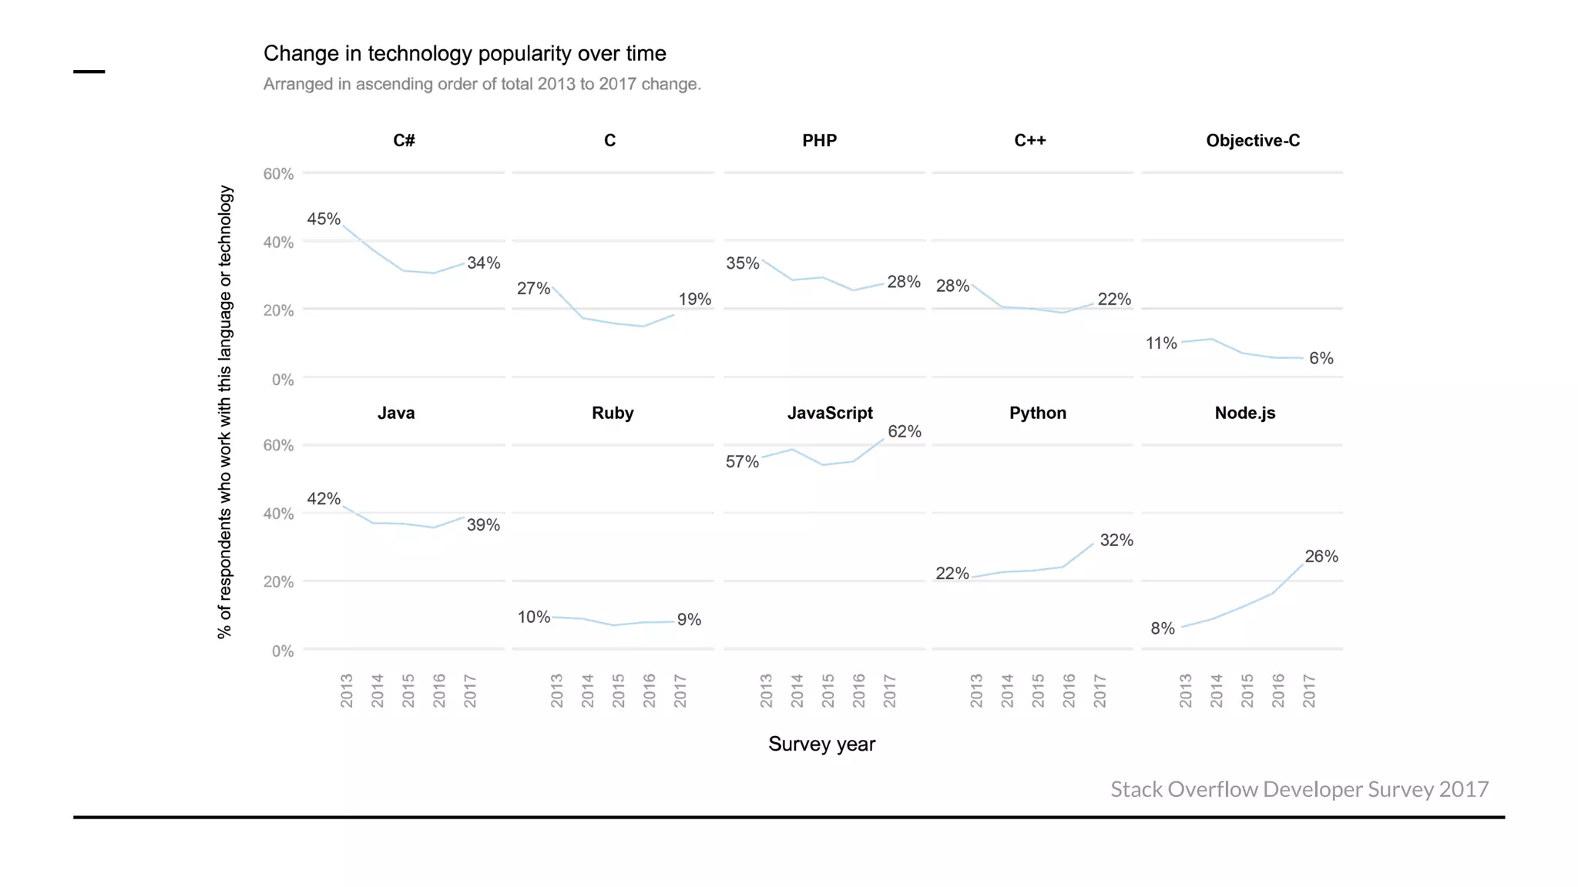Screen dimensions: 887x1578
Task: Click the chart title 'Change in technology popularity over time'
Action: tap(465, 54)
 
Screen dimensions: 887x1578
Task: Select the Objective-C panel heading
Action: tap(1252, 141)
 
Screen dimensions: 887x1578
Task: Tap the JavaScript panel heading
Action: tap(829, 413)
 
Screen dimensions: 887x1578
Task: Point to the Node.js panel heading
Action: tap(1244, 413)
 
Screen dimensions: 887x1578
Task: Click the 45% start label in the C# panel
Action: tap(324, 219)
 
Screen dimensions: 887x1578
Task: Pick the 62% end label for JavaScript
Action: tap(904, 432)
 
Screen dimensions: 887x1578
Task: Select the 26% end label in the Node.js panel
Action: tap(1321, 557)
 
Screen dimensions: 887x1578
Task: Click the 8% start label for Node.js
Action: tap(1162, 629)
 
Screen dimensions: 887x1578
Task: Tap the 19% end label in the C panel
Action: tap(694, 300)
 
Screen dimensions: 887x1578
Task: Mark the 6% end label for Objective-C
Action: tap(1321, 359)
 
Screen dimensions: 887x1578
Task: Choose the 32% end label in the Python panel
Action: tap(1116, 541)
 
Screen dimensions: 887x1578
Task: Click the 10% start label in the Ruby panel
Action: tap(533, 618)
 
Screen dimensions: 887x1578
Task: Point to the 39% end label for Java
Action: tap(483, 525)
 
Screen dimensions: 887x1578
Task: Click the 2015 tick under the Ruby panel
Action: tap(618, 691)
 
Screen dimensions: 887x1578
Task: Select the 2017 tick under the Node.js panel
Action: tap(1308, 691)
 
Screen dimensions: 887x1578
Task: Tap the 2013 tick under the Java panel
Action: tap(346, 691)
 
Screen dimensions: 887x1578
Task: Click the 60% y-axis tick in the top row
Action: tap(278, 174)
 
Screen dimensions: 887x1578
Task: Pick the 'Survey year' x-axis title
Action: tap(821, 745)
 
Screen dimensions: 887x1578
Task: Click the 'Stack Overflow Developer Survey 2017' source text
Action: tap(1299, 789)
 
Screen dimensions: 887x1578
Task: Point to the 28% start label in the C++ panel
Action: tap(952, 286)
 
